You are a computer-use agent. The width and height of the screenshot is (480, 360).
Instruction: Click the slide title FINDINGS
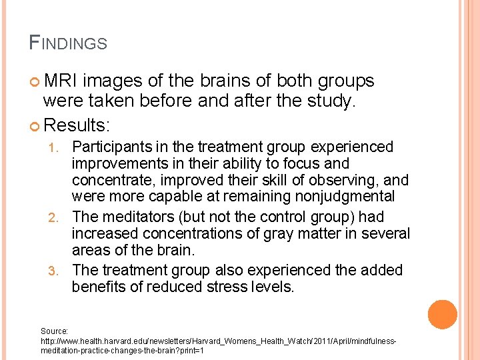click(68, 43)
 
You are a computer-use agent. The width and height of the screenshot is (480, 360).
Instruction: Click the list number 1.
click(58, 147)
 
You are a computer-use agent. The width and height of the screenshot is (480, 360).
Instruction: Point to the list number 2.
click(58, 217)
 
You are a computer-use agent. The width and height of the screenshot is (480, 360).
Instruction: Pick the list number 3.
click(58, 271)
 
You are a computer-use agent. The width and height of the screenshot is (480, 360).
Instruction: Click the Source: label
click(54, 330)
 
